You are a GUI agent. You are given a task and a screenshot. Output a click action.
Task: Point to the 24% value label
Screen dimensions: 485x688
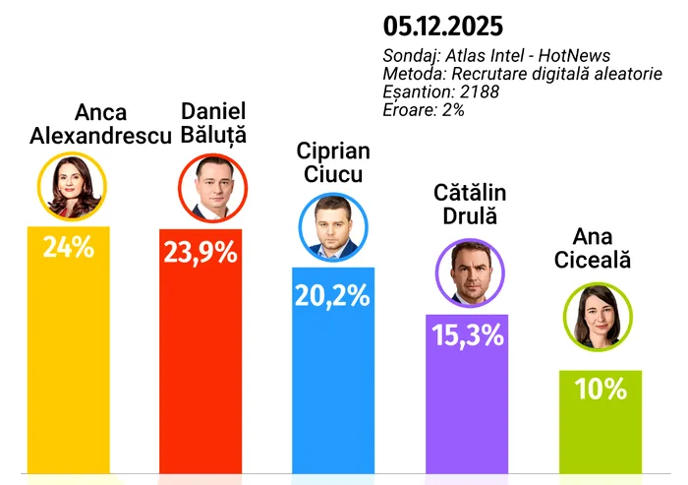pyautogui.click(x=68, y=247)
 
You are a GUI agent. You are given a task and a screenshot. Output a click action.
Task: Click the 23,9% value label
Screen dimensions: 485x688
pyautogui.click(x=201, y=252)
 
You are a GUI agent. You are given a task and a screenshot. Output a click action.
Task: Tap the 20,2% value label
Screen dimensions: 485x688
pyautogui.click(x=332, y=293)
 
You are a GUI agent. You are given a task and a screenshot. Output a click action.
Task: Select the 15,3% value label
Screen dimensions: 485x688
pyautogui.click(x=467, y=334)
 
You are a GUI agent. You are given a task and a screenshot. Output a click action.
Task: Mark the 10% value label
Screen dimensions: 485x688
pyautogui.click(x=601, y=389)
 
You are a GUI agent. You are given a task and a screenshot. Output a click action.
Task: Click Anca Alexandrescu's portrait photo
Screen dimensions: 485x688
pyautogui.click(x=68, y=185)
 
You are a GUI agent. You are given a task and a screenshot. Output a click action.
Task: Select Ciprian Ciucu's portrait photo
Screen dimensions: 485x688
pyautogui.click(x=332, y=226)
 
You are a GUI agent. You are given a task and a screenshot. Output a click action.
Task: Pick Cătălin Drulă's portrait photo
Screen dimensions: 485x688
pyautogui.click(x=467, y=272)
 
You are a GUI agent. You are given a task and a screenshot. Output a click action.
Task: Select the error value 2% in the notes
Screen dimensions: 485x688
pyautogui.click(x=451, y=109)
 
